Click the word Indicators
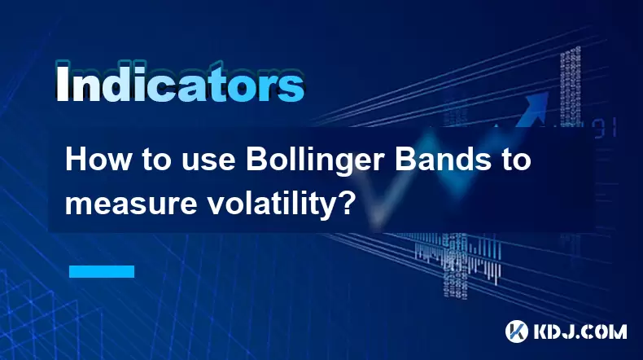point(180,82)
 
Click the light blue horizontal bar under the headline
point(102,271)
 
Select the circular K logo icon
point(517,331)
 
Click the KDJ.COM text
point(580,331)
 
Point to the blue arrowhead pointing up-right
point(538,102)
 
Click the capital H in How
point(75,160)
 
